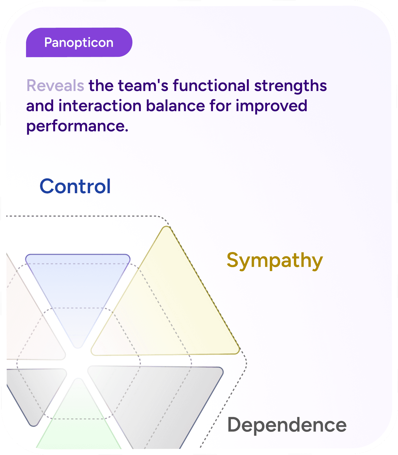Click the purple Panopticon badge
79,43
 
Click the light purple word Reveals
55,85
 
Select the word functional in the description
211,85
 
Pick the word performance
77,126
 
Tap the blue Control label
75,186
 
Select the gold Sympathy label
275,261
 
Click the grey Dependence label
287,425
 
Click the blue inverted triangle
78,286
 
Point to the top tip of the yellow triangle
167,228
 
